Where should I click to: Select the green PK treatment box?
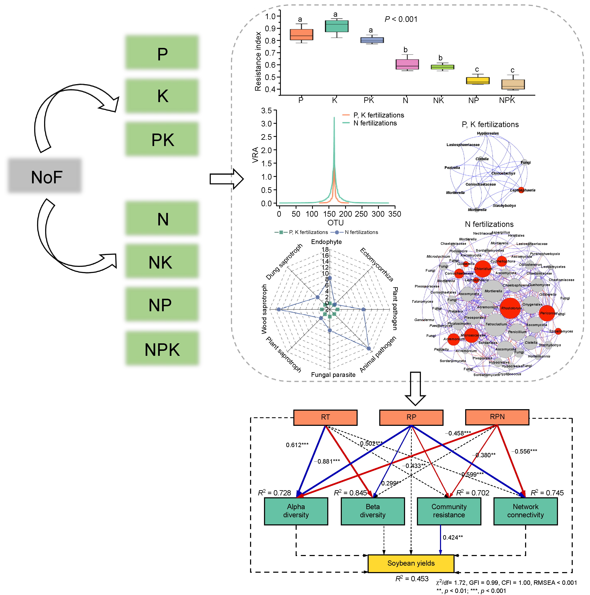(162, 139)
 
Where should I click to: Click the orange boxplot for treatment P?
(301, 35)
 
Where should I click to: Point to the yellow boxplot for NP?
(477, 80)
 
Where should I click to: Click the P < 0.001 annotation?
(401, 19)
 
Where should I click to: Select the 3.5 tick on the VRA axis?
(266, 111)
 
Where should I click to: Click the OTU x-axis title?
(335, 223)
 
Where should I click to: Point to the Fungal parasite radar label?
(333, 375)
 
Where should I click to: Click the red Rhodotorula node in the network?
(510, 308)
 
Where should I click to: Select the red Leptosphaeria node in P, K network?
(521, 190)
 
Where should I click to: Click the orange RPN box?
(497, 417)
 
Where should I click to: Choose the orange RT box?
(325, 417)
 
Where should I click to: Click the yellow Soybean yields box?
(411, 563)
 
